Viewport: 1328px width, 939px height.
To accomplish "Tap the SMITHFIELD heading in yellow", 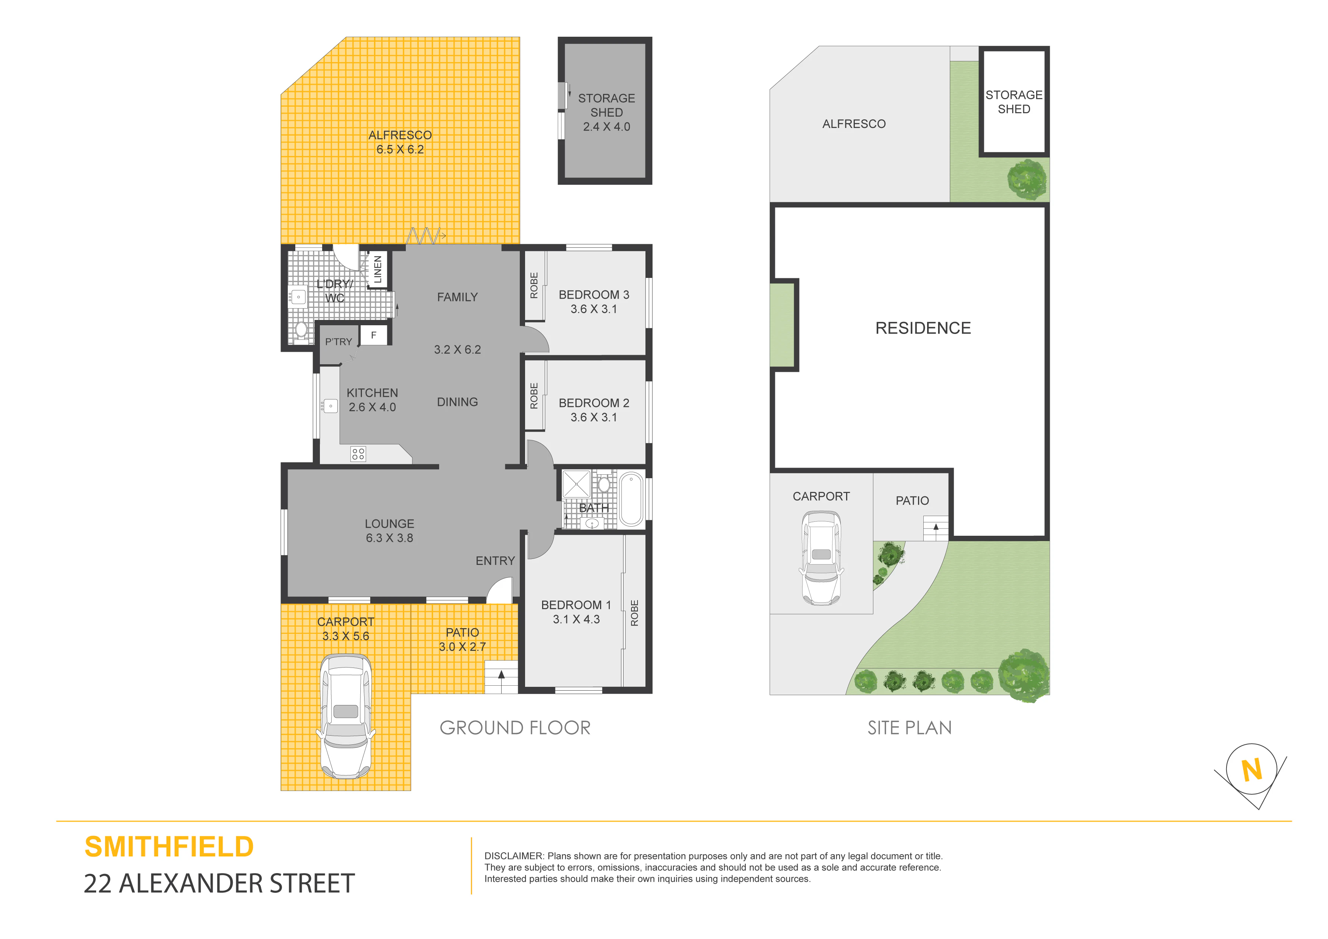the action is point(169,847).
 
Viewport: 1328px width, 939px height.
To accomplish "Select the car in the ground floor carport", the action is point(346,716).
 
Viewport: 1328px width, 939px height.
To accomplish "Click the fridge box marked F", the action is point(374,335).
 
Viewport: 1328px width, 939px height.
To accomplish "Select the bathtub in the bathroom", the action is point(631,499).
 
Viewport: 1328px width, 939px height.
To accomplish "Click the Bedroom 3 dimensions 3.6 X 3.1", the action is point(594,309).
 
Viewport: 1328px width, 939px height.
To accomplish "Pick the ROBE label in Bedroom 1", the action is point(634,613).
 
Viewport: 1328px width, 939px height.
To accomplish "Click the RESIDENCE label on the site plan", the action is point(923,328).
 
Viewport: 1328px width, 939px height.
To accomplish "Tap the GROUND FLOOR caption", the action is point(515,728).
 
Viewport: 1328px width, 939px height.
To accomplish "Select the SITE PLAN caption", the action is point(910,728).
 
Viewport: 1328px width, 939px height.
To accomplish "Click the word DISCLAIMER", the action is point(514,856).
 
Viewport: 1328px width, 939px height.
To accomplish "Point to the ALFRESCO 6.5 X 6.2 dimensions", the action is point(400,149).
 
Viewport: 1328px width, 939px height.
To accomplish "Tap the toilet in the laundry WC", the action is point(301,331).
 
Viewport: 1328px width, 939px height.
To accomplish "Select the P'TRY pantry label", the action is point(338,342).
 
